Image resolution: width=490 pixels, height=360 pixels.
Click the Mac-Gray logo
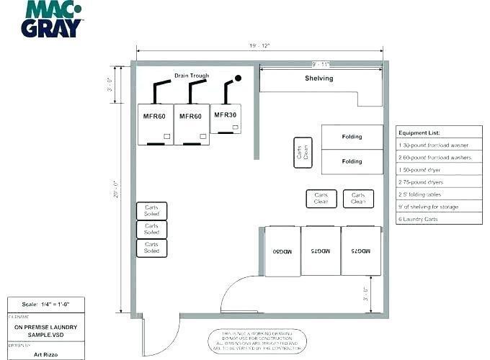54,19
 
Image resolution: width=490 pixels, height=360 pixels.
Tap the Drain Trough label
192,76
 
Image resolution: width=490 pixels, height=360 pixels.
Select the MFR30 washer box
226,119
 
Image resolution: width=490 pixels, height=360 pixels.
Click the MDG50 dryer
282,251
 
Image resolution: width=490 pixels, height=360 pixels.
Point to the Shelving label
318,78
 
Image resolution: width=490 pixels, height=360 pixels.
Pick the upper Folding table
352,137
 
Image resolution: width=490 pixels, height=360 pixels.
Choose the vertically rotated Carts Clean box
303,153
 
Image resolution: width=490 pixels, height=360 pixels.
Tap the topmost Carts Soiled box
151,211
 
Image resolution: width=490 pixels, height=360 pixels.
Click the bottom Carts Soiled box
151,248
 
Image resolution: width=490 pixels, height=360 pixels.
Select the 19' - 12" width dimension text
259,46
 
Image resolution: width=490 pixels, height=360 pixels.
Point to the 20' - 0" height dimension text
115,192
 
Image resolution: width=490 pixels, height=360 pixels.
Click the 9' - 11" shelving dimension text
321,64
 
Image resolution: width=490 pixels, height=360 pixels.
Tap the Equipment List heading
419,133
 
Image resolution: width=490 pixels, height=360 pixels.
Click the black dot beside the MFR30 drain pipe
238,78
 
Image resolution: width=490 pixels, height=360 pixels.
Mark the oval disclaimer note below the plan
258,341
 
